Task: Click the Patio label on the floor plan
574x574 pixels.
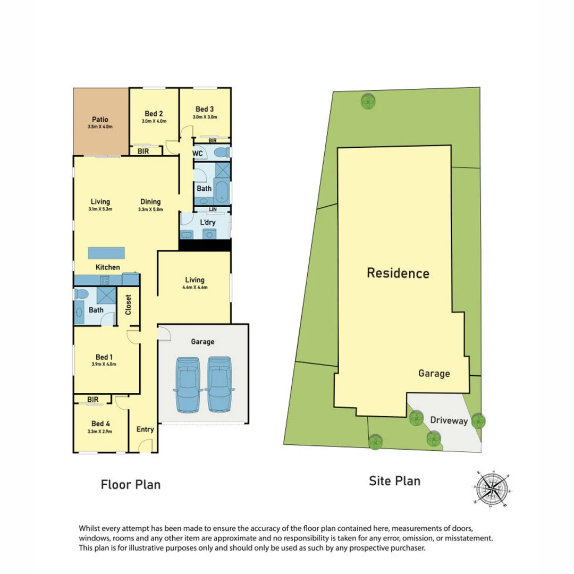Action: (100, 120)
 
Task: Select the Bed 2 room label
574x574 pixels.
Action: (154, 114)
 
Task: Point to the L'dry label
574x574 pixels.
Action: (208, 221)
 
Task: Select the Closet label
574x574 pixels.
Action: (128, 305)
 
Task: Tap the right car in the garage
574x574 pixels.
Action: (219, 384)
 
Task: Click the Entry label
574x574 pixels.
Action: (145, 429)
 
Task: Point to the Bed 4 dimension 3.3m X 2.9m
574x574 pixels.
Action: (101, 432)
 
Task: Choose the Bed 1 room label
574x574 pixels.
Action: (100, 357)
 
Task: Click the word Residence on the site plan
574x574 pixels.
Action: (398, 274)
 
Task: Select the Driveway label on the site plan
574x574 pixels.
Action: (449, 421)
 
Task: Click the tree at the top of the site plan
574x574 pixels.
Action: (367, 100)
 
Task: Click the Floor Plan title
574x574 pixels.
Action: (131, 485)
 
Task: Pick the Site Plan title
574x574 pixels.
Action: (395, 481)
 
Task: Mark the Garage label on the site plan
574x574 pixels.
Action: (434, 374)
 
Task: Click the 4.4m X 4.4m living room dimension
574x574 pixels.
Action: (195, 288)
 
